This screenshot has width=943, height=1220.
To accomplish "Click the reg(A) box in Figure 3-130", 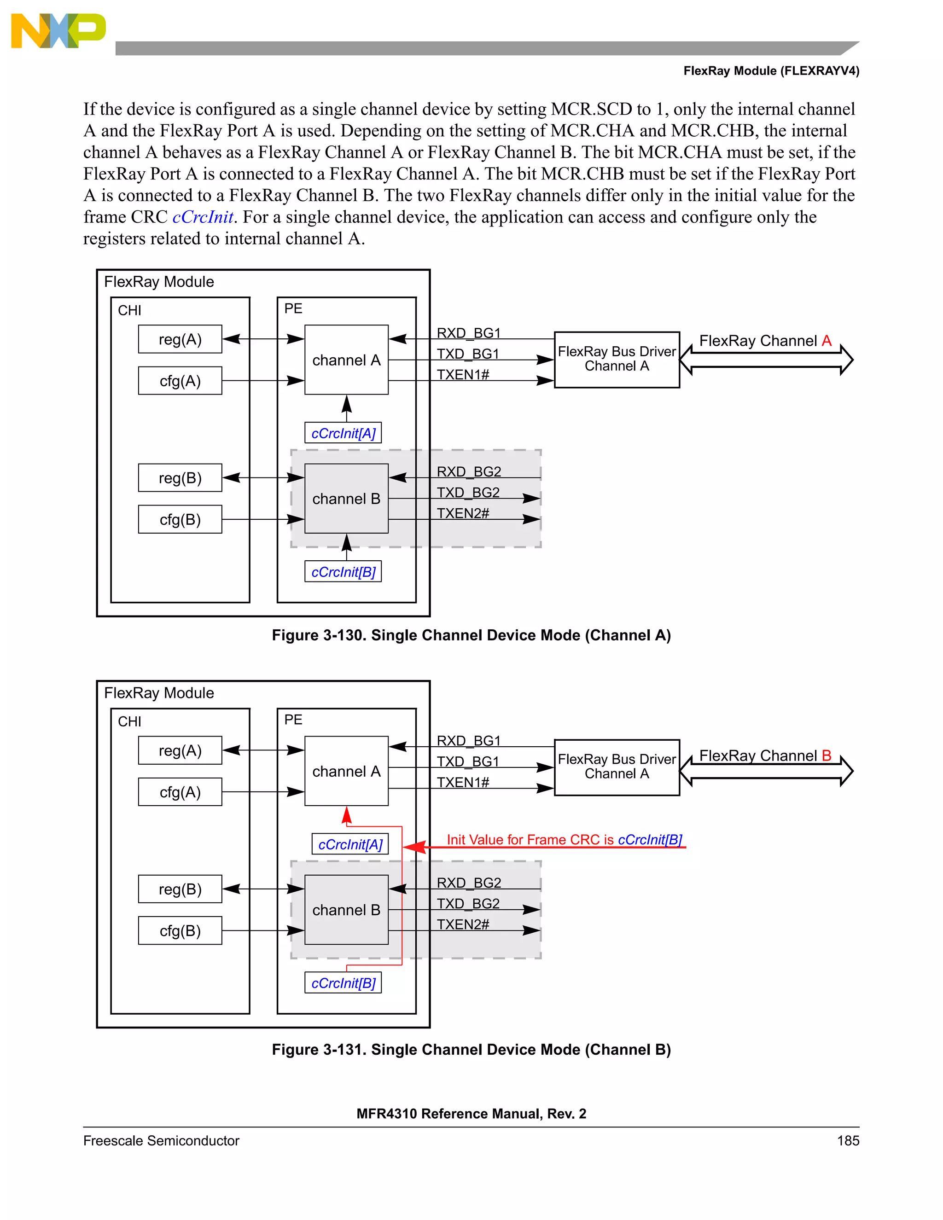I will (180, 339).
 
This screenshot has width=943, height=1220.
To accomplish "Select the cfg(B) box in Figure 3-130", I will (180, 519).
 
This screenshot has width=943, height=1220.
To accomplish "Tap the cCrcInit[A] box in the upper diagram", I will (343, 433).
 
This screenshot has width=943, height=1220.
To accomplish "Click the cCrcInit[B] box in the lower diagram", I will (343, 983).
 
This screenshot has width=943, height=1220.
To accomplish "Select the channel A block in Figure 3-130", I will (346, 360).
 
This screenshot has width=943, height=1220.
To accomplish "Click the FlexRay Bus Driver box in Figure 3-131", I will (617, 767).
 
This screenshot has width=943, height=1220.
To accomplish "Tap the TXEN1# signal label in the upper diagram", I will (463, 374).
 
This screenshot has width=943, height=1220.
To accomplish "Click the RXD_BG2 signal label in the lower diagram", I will (469, 883).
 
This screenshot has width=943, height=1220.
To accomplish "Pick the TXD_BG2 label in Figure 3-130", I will (468, 492).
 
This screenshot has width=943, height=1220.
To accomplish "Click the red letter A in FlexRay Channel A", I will (826, 341).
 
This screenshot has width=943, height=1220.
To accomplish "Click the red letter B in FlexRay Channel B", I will (826, 755).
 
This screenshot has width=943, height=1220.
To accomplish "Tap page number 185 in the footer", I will (848, 1141).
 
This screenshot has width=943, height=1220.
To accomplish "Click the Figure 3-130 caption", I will (471, 635).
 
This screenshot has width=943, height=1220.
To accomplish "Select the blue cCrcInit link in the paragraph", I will (203, 217).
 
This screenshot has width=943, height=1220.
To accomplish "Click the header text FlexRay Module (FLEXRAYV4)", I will (771, 71).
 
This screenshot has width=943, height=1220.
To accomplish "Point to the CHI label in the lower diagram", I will (129, 721).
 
